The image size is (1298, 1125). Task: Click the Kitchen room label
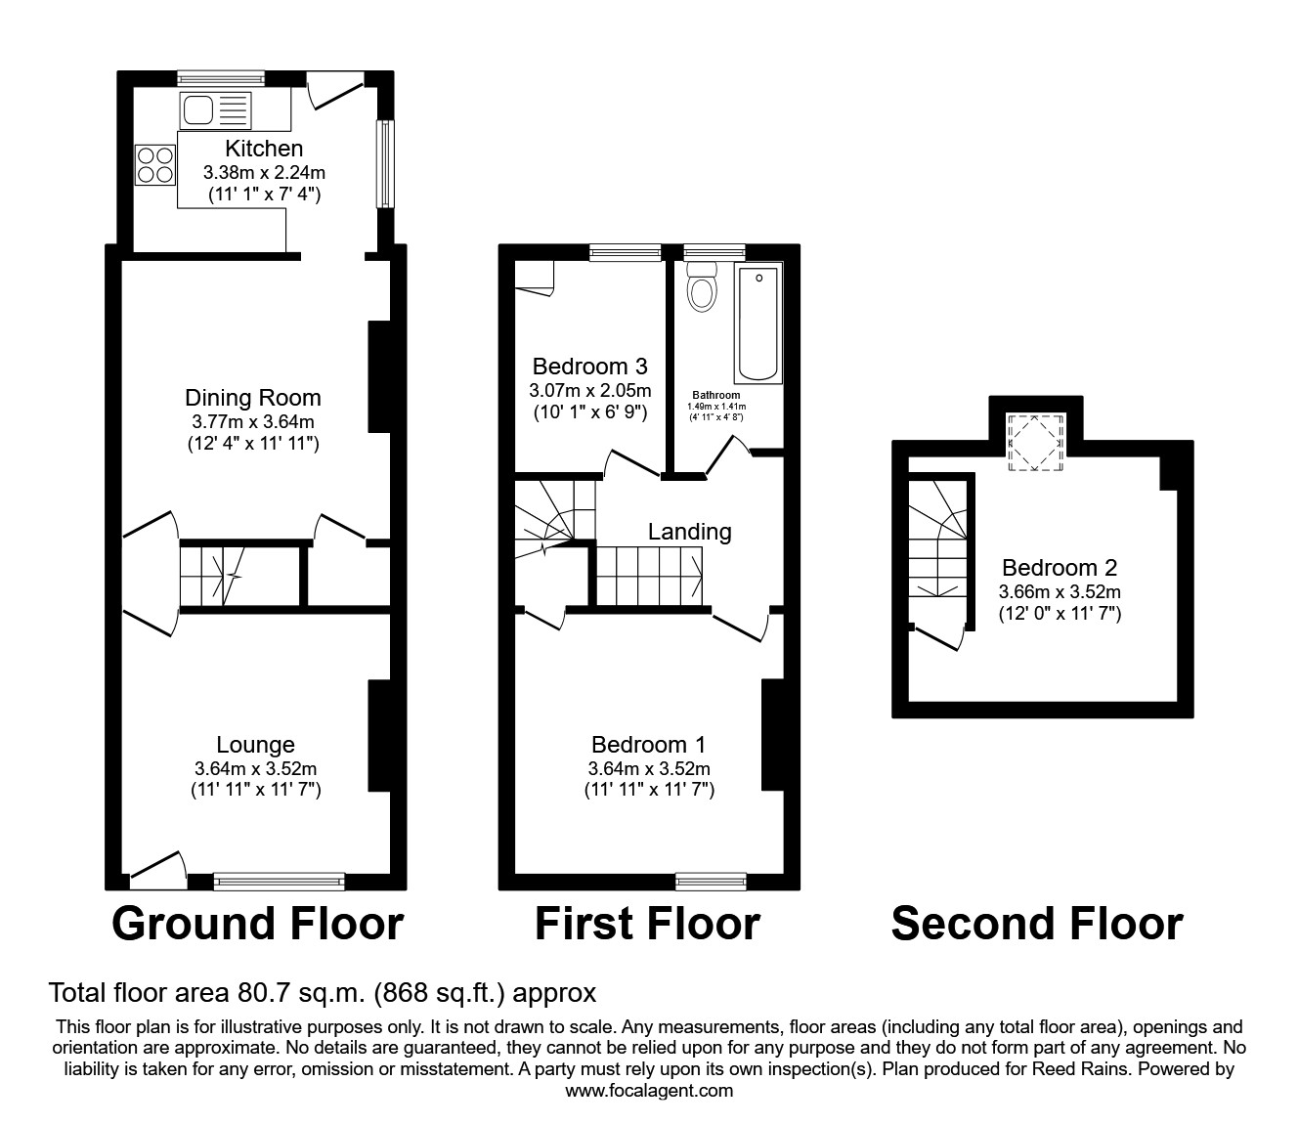(x=264, y=149)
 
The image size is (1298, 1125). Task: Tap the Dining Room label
(x=253, y=398)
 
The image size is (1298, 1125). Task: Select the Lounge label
(x=256, y=745)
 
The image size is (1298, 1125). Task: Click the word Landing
(x=690, y=532)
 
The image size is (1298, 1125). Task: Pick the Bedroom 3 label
(x=589, y=367)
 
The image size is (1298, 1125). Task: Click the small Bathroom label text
(x=716, y=396)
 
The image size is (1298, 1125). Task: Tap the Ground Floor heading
(x=257, y=924)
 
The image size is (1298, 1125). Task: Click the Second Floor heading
(x=1037, y=924)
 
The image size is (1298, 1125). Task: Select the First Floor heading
(x=647, y=924)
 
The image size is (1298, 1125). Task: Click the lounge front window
(x=280, y=882)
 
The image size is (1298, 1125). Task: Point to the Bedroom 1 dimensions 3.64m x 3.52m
(x=649, y=768)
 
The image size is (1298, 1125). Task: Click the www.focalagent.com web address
(x=649, y=1091)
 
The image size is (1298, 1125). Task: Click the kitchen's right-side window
(x=386, y=163)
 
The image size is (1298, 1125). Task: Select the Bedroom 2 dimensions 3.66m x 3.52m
(x=1060, y=592)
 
